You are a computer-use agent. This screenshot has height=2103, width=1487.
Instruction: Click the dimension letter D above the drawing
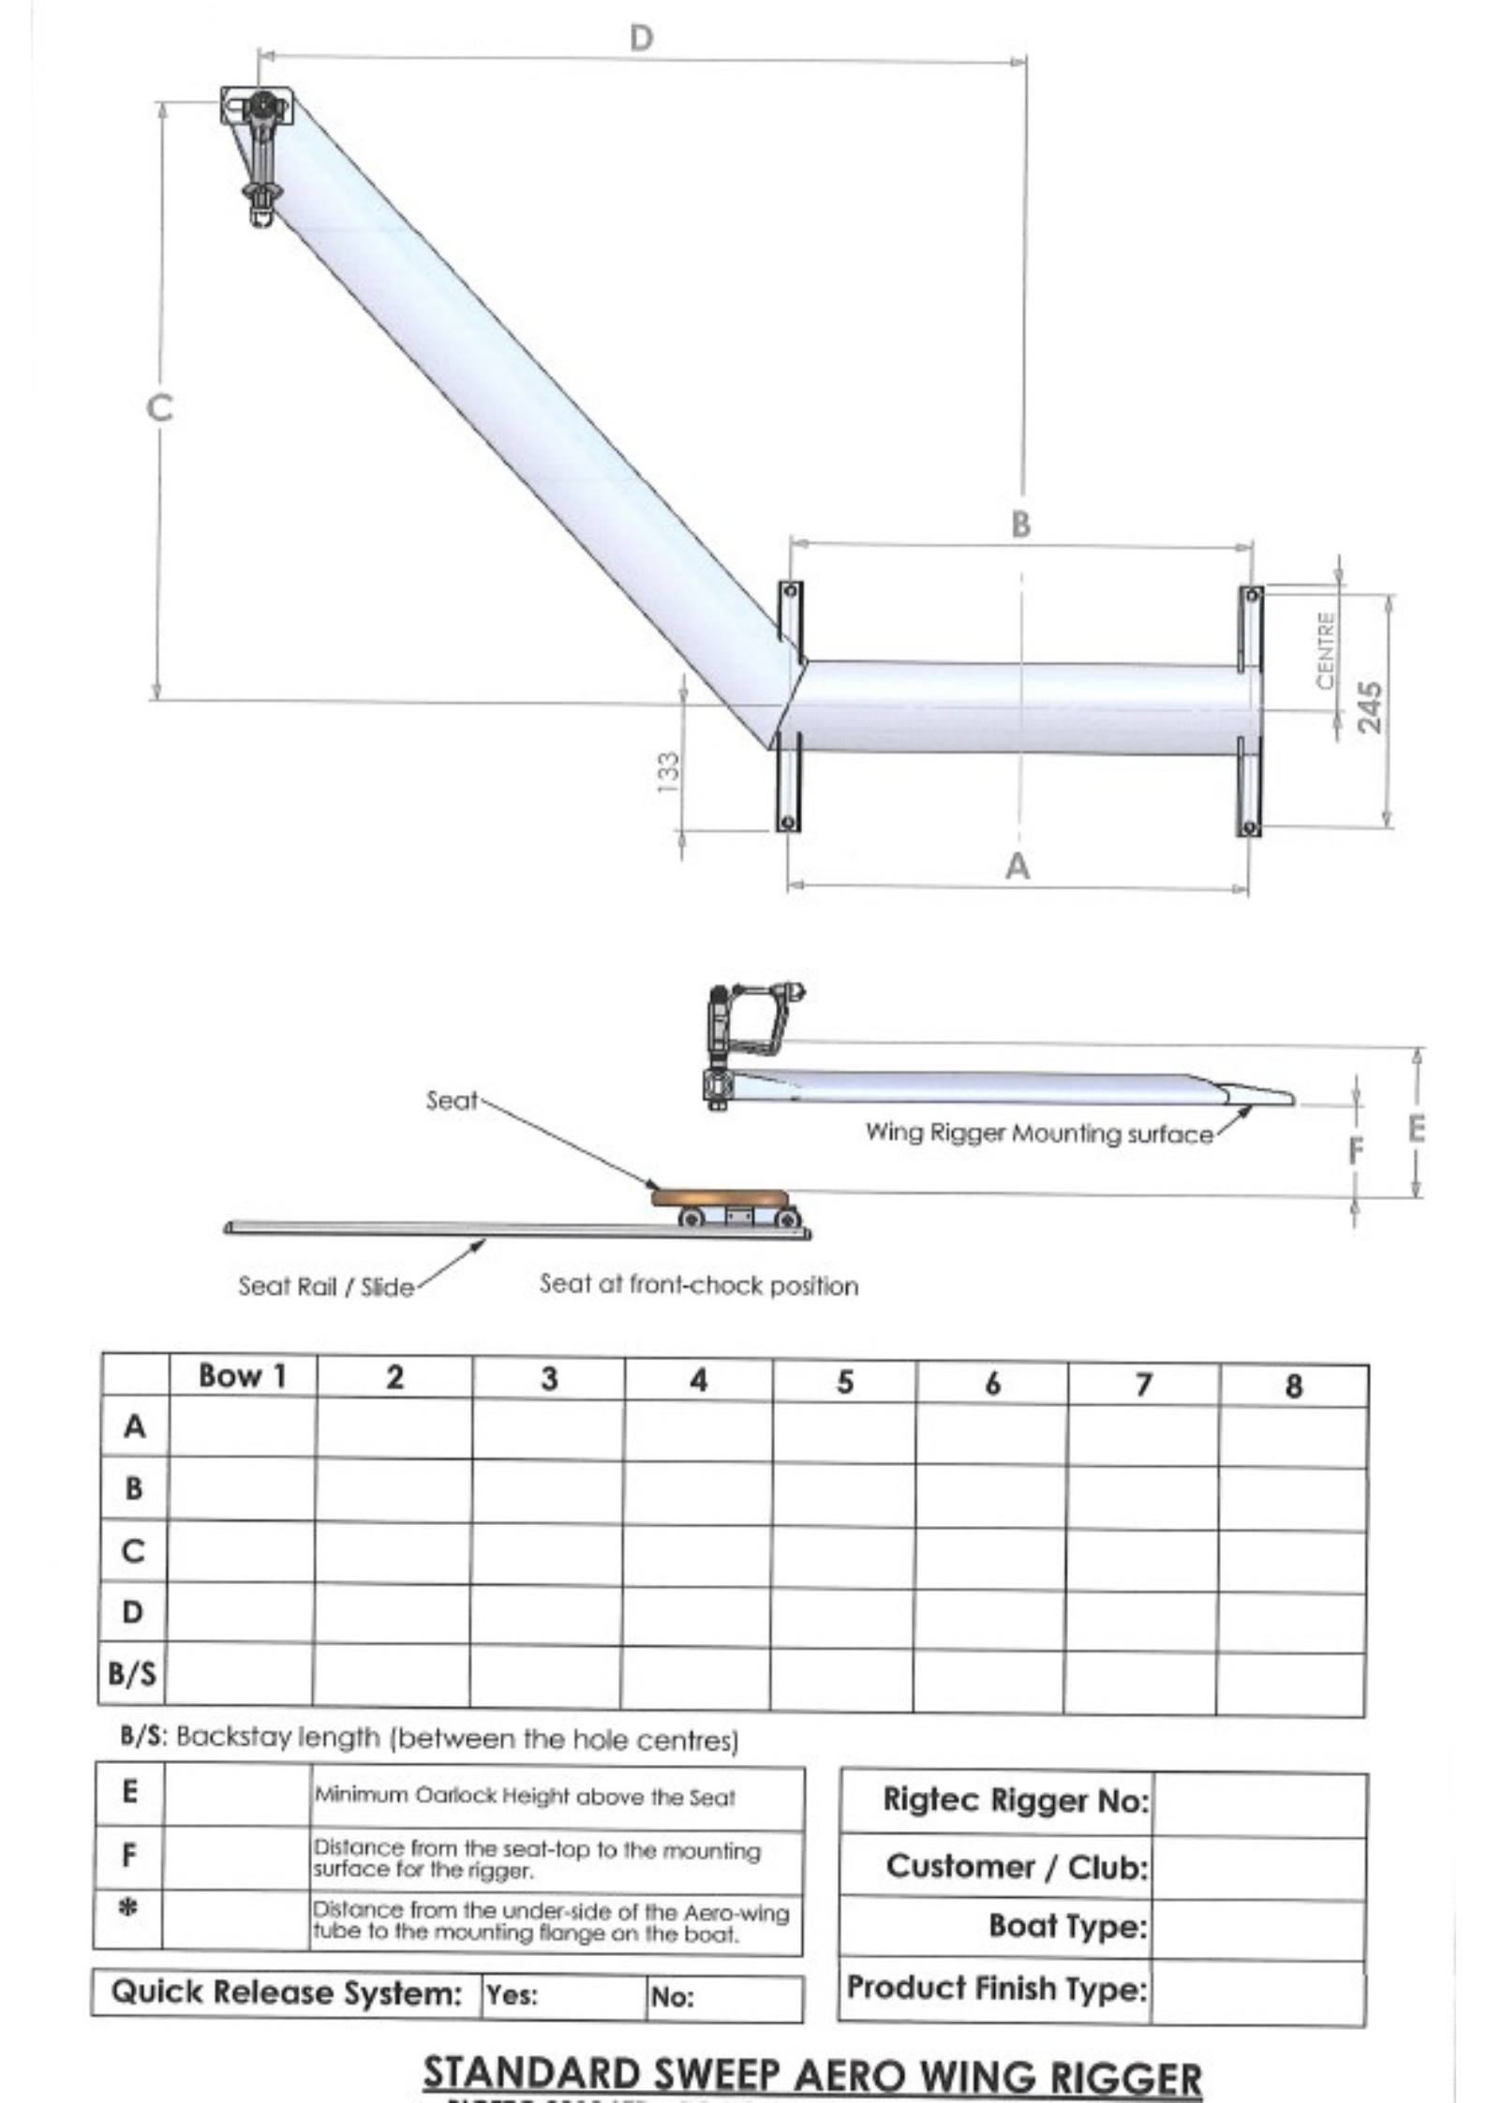tap(641, 38)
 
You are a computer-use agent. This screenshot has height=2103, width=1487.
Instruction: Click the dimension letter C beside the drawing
tap(160, 407)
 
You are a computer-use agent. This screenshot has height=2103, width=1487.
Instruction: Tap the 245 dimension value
tap(1369, 708)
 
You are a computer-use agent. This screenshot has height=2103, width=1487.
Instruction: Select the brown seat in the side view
tap(720, 1197)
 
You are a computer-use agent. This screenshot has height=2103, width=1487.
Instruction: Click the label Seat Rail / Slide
tap(325, 1286)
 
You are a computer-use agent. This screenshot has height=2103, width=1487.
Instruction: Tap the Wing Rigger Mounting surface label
tap(1038, 1133)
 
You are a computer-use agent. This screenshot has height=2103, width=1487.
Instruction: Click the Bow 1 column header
tap(242, 1376)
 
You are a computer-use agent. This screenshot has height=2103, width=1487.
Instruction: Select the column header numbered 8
tap(1293, 1385)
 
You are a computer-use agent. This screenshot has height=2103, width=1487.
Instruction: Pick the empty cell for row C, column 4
tap(696, 1552)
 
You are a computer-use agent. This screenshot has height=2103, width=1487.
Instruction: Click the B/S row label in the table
tap(132, 1672)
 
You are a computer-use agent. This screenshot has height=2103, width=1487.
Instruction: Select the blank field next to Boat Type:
tap(1257, 1928)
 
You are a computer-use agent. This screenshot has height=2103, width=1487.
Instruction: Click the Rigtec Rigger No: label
tap(1016, 1799)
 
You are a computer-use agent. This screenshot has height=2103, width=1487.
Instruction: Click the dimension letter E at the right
tap(1416, 1129)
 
